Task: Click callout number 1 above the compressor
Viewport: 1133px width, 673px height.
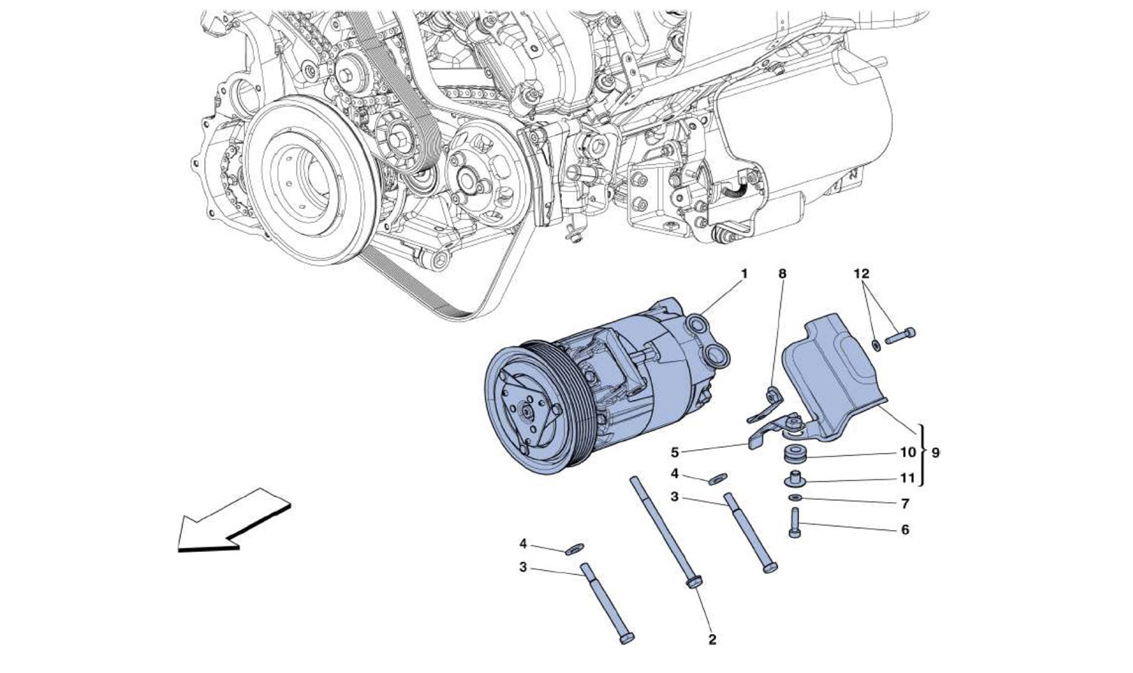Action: [743, 273]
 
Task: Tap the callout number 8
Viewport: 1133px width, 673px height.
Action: [783, 273]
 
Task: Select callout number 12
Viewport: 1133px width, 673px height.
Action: [862, 273]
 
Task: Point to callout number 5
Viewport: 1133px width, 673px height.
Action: [675, 453]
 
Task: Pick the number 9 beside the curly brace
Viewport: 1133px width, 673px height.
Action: [936, 453]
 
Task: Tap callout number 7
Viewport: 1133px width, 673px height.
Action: [905, 503]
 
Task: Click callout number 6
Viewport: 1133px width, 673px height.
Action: [905, 529]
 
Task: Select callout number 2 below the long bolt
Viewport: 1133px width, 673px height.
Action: [712, 640]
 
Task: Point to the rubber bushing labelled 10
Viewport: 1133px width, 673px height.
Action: [794, 455]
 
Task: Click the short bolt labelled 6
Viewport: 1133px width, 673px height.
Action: [794, 523]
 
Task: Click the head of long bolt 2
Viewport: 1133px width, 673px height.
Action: [693, 583]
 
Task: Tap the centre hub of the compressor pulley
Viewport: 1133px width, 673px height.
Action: [524, 414]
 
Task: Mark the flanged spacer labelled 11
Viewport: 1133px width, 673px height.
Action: [795, 479]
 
